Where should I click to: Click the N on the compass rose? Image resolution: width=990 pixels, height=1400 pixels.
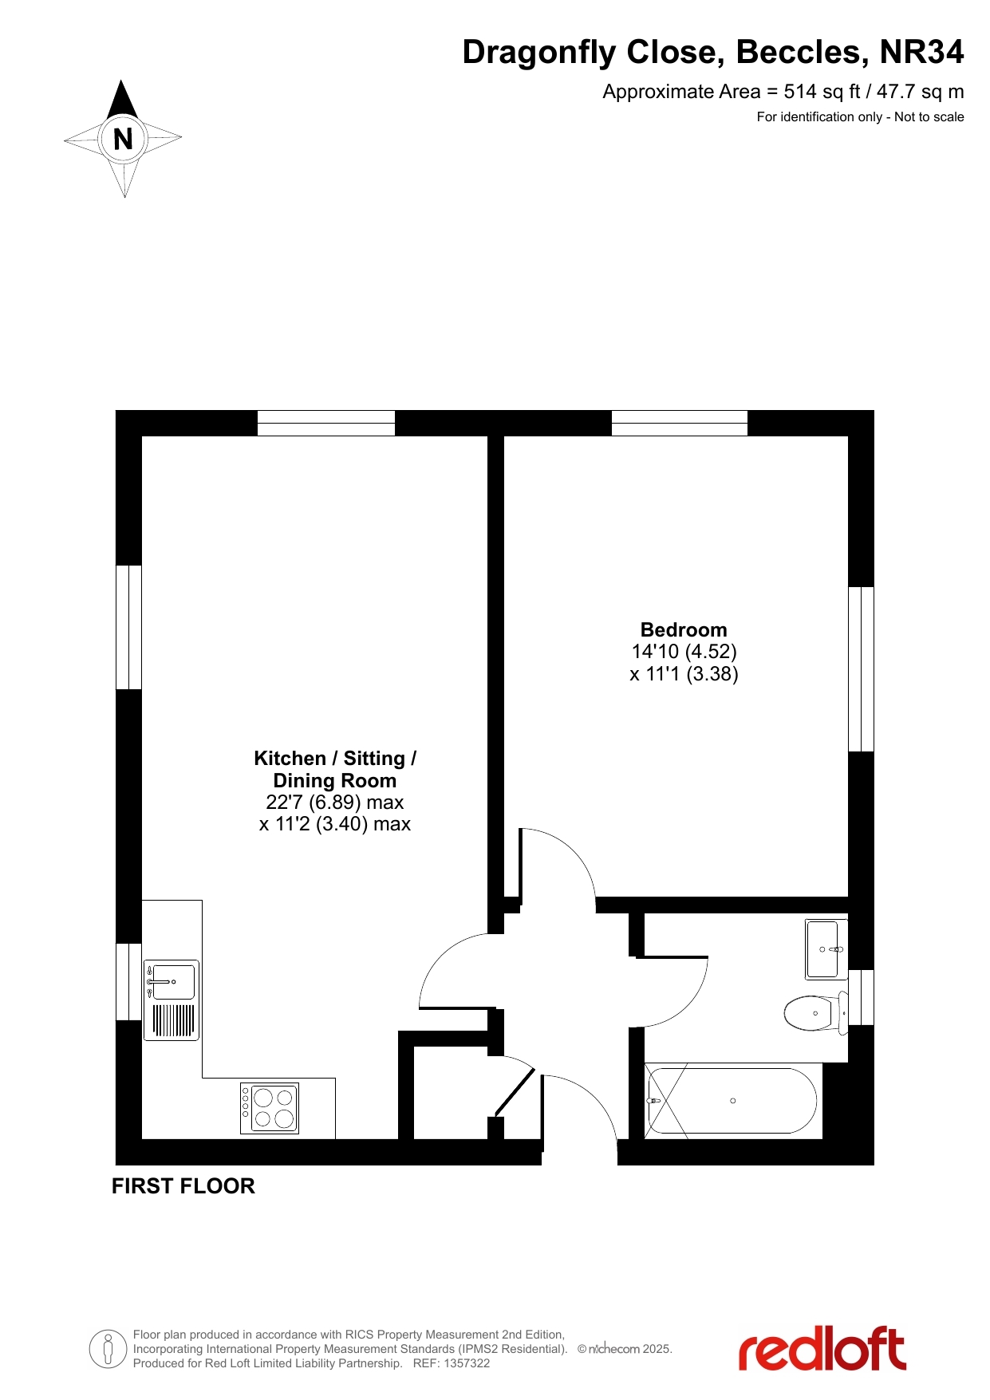(123, 140)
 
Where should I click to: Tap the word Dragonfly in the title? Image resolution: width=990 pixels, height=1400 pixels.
(539, 53)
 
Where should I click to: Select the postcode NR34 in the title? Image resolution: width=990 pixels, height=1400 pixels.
(921, 52)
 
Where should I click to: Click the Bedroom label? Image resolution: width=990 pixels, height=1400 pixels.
(684, 629)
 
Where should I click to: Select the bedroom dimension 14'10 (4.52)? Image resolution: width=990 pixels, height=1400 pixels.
(684, 652)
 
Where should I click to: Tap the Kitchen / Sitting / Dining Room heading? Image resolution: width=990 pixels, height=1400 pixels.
(335, 769)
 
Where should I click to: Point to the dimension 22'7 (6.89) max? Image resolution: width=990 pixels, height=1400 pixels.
(335, 802)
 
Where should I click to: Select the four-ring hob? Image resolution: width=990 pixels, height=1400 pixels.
(270, 1108)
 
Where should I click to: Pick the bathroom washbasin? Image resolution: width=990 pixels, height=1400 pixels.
(826, 949)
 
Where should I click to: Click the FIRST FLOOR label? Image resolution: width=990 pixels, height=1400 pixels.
(183, 1186)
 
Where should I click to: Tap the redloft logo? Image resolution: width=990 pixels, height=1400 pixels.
(822, 1349)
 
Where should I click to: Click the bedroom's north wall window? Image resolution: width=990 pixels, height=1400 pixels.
(680, 423)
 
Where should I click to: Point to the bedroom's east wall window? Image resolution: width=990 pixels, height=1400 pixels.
(861, 669)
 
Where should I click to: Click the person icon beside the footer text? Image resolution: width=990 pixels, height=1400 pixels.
(109, 1349)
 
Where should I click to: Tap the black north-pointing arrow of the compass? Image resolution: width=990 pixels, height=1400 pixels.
(122, 100)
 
